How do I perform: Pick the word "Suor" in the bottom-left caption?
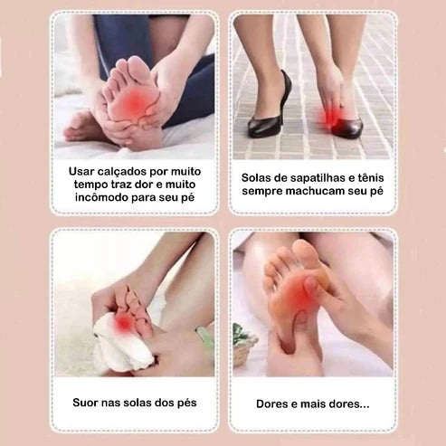[x=89, y=403]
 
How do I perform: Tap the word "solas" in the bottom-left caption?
[x=141, y=403]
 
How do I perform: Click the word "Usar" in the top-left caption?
[x=84, y=170]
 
